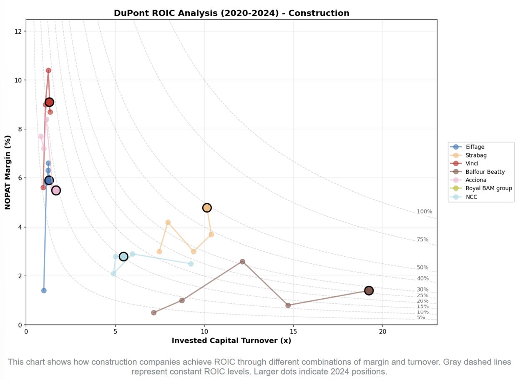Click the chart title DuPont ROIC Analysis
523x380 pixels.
pyautogui.click(x=231, y=13)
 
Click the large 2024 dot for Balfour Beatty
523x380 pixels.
pyautogui.click(x=368, y=290)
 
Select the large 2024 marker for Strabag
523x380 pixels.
pyautogui.click(x=207, y=207)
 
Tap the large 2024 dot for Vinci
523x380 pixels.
pyautogui.click(x=49, y=102)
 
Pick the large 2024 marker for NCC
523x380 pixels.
pyautogui.click(x=123, y=256)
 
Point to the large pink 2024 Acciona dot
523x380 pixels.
pyautogui.click(x=56, y=190)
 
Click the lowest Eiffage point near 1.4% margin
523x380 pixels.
pyautogui.click(x=44, y=290)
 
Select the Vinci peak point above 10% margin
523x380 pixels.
pyautogui.click(x=48, y=70)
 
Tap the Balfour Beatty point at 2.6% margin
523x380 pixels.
pyautogui.click(x=242, y=261)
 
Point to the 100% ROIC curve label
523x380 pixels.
pyautogui.click(x=424, y=212)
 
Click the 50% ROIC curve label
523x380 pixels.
pyautogui.click(x=422, y=267)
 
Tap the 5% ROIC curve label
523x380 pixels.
pyautogui.click(x=421, y=317)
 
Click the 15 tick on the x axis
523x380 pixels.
pyautogui.click(x=293, y=332)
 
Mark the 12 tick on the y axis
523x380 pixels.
pyautogui.click(x=18, y=31)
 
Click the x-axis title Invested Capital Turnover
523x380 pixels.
pyautogui.click(x=231, y=340)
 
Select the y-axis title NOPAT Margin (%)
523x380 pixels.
pyautogui.click(x=8, y=172)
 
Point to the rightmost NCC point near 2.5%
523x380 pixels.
pyautogui.click(x=191, y=264)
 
